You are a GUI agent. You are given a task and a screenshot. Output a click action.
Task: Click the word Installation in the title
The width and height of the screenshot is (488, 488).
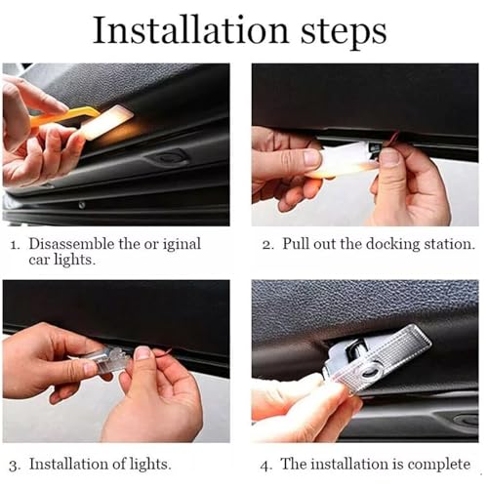pyautogui.click(x=190, y=30)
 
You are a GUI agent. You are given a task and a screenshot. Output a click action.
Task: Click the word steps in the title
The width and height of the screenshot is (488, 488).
pyautogui.click(x=344, y=33)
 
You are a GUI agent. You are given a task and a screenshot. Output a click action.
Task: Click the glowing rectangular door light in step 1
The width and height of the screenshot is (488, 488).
pyautogui.click(x=106, y=123)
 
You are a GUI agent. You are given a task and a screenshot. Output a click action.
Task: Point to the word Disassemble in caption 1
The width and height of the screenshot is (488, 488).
pyautogui.click(x=71, y=244)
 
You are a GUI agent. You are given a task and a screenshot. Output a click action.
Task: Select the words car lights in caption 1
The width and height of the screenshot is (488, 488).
pyautogui.click(x=61, y=261)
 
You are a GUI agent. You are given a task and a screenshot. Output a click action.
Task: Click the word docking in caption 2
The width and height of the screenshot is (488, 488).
pyautogui.click(x=392, y=244)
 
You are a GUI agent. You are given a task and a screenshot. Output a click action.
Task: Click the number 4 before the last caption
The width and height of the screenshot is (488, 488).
pyautogui.click(x=265, y=466)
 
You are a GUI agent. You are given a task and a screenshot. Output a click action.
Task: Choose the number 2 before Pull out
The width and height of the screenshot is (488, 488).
pyautogui.click(x=268, y=245)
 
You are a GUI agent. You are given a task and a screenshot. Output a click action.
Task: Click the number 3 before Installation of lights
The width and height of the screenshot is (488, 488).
pyautogui.click(x=15, y=466)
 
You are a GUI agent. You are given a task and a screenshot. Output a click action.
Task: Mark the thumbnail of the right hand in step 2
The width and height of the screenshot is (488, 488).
pyautogui.click(x=389, y=158)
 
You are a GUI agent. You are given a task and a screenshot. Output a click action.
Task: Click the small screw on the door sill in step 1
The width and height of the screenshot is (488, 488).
pyautogui.click(x=82, y=205)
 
